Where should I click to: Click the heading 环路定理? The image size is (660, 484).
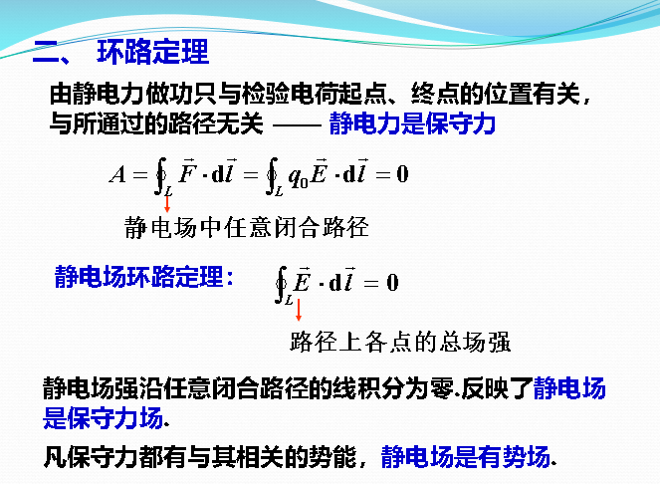point(152,52)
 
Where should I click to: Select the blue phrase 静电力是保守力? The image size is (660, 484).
point(411,124)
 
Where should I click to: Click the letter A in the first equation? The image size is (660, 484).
point(118,175)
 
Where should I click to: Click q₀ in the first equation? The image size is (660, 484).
point(296,176)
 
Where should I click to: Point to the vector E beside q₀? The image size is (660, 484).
point(321,174)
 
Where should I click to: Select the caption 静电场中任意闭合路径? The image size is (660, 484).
point(246,228)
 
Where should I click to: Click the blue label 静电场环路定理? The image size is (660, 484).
point(141,277)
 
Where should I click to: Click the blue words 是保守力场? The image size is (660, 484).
point(103,417)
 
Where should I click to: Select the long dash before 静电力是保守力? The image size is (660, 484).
point(297,125)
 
